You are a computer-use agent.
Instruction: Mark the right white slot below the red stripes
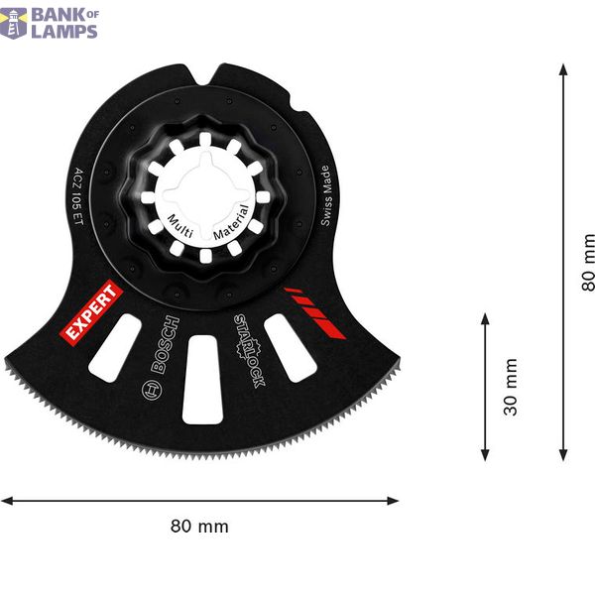(x=290, y=347)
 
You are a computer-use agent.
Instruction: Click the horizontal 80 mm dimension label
(x=198, y=527)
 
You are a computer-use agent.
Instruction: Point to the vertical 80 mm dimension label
(x=587, y=262)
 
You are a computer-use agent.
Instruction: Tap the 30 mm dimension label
(x=511, y=387)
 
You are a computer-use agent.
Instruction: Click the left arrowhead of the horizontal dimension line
(x=6, y=501)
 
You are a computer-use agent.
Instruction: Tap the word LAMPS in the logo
(x=63, y=30)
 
